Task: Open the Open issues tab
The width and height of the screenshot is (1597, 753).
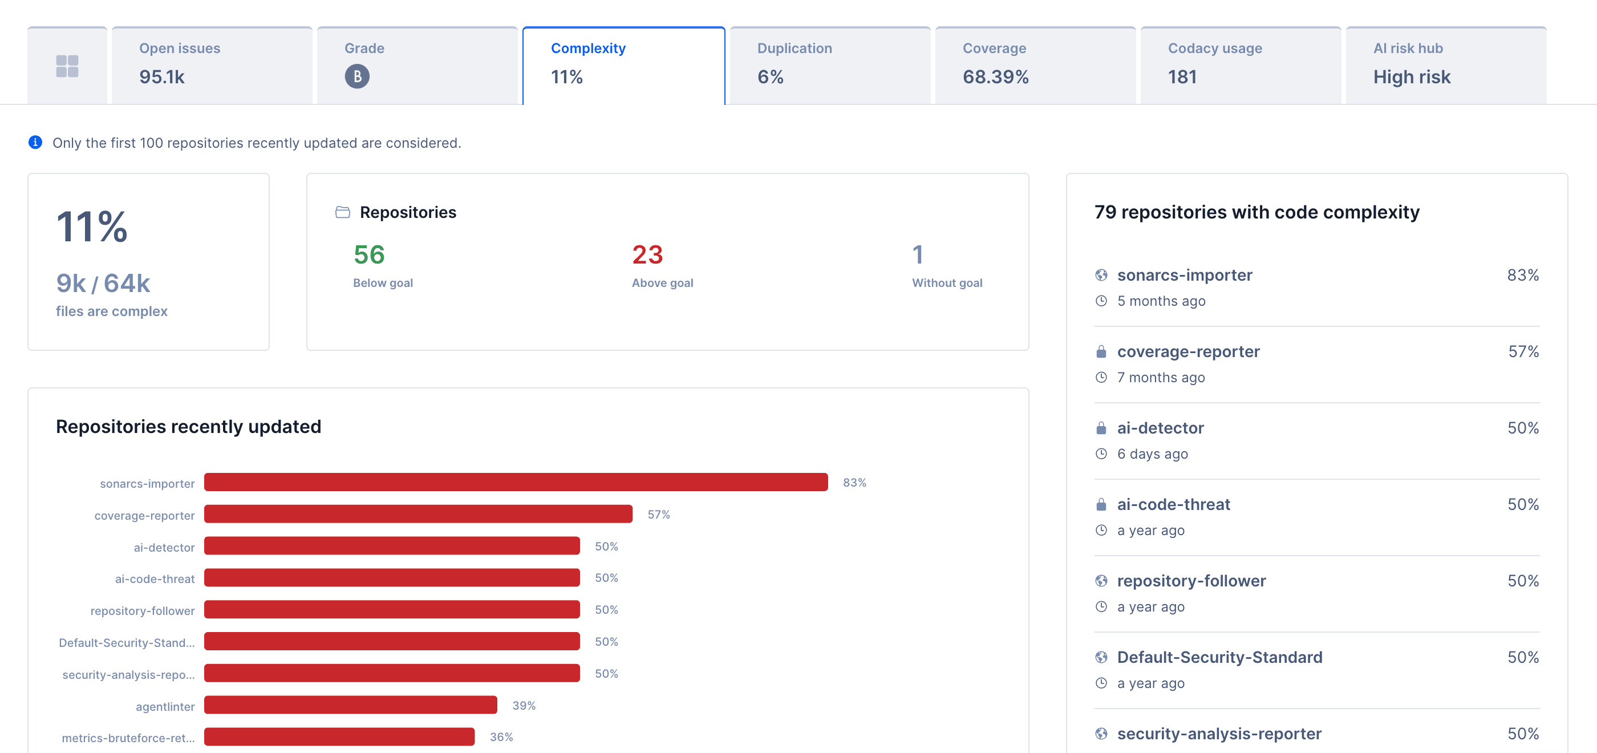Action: click(212, 64)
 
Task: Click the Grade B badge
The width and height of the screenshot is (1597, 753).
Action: click(357, 77)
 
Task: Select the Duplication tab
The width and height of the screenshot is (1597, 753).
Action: click(829, 64)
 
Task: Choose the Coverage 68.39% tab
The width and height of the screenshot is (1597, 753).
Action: click(1035, 64)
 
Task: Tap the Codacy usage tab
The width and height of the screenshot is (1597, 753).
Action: click(1240, 64)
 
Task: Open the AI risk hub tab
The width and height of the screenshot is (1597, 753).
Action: click(1445, 64)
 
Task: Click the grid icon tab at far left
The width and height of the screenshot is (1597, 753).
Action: click(67, 66)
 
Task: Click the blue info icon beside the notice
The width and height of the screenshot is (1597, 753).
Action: click(35, 143)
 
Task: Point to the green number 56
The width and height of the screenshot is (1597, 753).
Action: click(369, 255)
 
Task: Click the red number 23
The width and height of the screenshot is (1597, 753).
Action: click(647, 255)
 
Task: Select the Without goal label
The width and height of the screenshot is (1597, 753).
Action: click(947, 283)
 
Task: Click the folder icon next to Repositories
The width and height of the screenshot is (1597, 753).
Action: click(343, 212)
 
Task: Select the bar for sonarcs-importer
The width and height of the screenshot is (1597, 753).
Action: click(516, 483)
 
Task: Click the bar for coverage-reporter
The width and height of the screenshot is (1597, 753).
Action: click(418, 514)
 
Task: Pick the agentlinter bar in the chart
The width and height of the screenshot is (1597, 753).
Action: click(350, 705)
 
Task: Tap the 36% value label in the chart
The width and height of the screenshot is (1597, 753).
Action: click(501, 737)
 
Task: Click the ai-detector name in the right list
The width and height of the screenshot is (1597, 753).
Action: click(1160, 428)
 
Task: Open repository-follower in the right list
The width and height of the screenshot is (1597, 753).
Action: click(1191, 581)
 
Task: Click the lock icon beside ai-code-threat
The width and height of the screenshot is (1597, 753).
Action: click(1101, 504)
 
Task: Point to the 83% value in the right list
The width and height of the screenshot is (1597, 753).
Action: click(1523, 275)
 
